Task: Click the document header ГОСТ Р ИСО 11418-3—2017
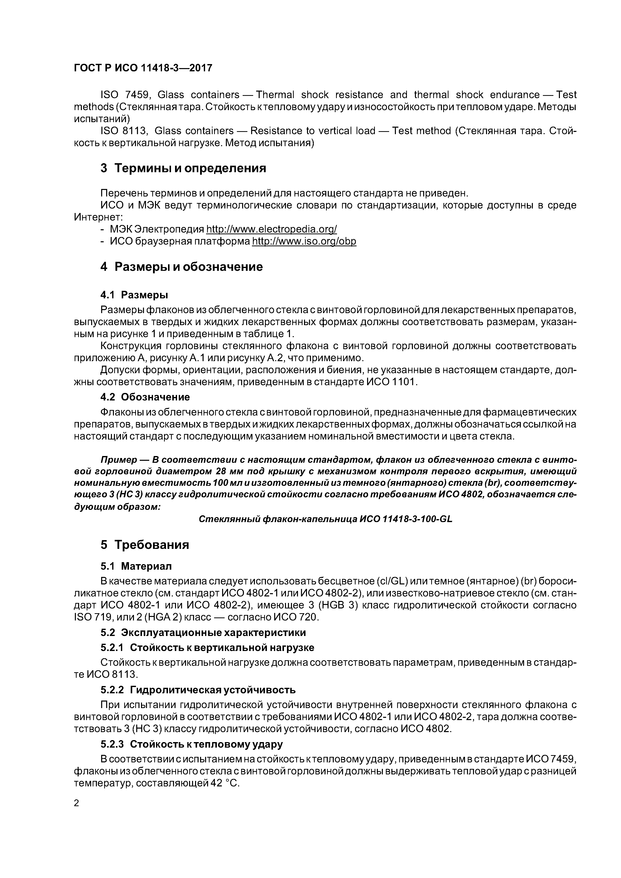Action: pos(143,68)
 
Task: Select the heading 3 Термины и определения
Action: pos(183,168)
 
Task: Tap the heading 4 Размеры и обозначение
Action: pos(181,267)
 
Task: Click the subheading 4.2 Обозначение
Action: pos(145,397)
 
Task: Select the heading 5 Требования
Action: pos(145,545)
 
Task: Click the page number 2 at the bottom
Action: pos(77,803)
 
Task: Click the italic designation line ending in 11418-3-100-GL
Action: pos(326,519)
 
